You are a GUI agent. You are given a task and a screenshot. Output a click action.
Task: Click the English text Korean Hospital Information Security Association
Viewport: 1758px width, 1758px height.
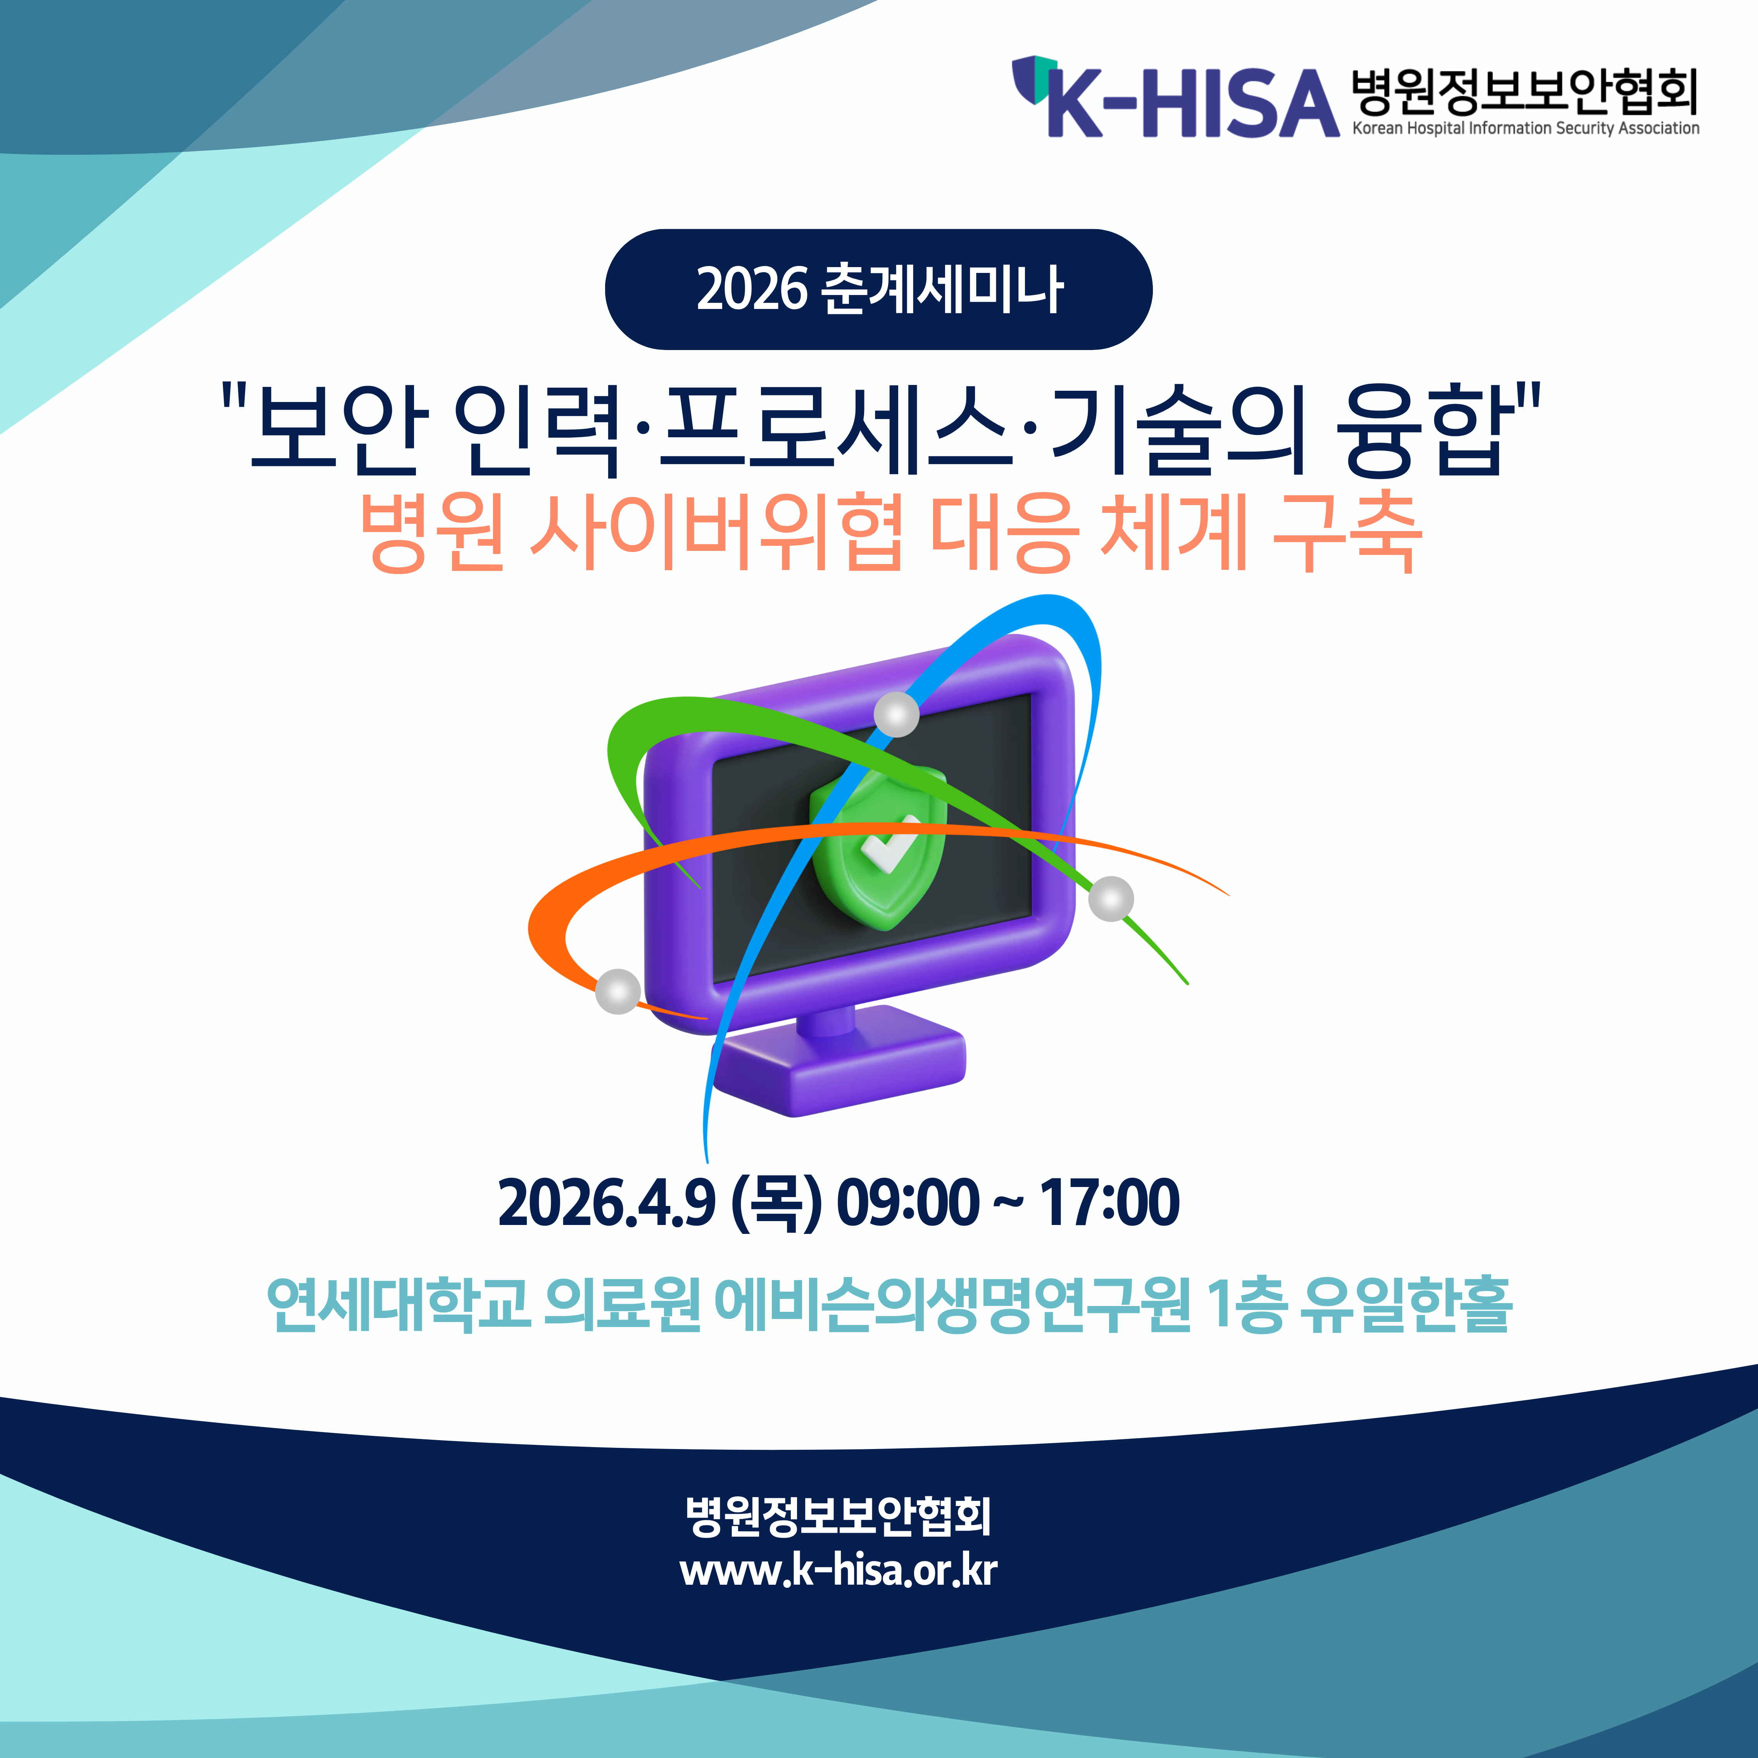[x=1525, y=128]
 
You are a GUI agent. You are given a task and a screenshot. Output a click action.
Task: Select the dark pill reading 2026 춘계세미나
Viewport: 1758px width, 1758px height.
[x=878, y=289]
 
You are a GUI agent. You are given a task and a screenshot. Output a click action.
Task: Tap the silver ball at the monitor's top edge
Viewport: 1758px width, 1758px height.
[x=896, y=714]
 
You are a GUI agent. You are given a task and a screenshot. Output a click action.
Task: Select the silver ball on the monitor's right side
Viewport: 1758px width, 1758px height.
[x=1111, y=899]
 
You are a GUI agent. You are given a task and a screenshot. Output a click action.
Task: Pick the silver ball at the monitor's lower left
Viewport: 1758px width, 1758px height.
[x=618, y=991]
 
